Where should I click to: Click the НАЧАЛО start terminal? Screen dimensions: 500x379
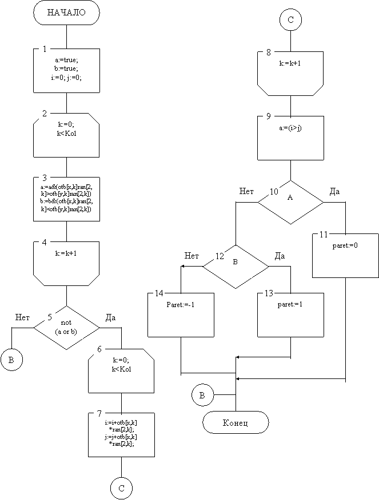(x=66, y=13)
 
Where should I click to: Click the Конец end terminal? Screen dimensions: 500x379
(x=236, y=423)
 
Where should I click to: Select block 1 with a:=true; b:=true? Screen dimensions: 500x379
(x=66, y=70)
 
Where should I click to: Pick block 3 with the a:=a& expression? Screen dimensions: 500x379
(x=66, y=197)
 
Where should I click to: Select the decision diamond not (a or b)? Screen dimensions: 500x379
(x=66, y=327)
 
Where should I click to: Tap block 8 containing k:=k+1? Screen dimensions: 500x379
(x=290, y=71)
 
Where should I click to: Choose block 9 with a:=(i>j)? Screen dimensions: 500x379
(x=290, y=137)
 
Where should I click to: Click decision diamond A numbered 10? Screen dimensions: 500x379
(x=290, y=202)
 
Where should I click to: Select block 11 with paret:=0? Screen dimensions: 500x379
(x=345, y=255)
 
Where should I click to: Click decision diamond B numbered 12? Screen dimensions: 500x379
(x=236, y=267)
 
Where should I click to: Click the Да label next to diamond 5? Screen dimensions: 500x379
(x=110, y=317)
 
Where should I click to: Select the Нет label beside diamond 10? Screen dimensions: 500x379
(x=246, y=191)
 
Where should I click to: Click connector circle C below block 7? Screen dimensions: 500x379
(x=121, y=489)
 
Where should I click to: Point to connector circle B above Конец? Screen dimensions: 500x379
(x=202, y=395)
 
